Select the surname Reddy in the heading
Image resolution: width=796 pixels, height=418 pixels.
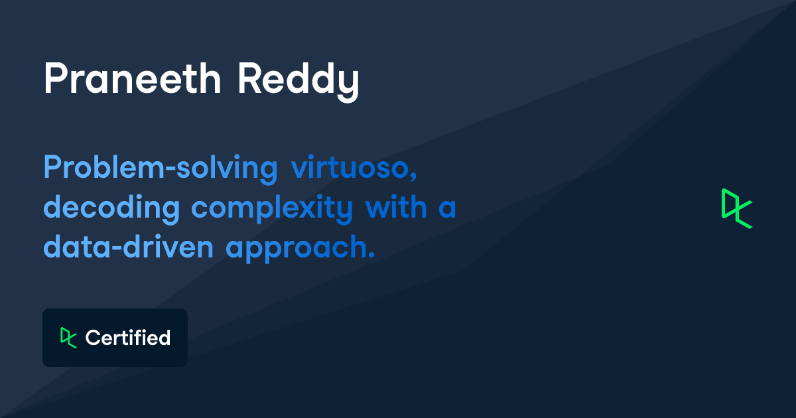298,81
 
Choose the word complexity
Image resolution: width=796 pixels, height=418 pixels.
272,208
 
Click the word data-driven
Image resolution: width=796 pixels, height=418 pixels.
129,247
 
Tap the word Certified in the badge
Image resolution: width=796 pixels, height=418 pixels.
128,338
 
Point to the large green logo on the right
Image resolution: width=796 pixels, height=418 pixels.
736,208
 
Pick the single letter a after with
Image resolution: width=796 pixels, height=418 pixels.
446,208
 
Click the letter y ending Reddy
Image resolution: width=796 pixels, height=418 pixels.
349,84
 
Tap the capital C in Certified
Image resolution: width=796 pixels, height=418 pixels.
92,338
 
